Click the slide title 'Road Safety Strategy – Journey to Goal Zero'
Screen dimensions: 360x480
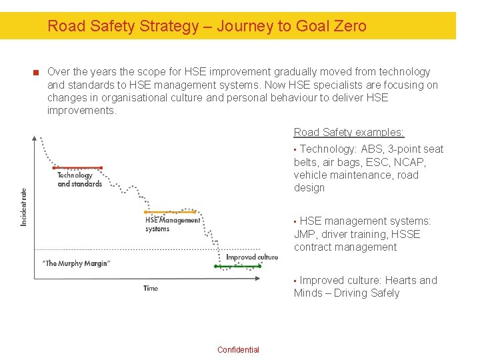(207, 26)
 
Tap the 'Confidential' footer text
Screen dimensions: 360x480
(238, 350)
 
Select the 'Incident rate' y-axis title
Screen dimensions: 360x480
(24, 206)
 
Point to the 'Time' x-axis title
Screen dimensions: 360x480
(151, 288)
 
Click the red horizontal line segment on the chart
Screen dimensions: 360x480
(79, 168)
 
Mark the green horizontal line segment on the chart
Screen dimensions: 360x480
(237, 265)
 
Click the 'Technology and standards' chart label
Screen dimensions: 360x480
(79, 180)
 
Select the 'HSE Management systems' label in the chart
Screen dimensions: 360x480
(172, 224)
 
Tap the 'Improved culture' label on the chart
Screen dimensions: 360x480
(251, 257)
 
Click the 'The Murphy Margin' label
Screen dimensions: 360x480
(76, 263)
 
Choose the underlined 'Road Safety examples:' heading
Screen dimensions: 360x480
(349, 132)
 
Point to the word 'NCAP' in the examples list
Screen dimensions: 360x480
(411, 162)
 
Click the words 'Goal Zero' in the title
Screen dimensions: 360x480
(335, 26)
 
